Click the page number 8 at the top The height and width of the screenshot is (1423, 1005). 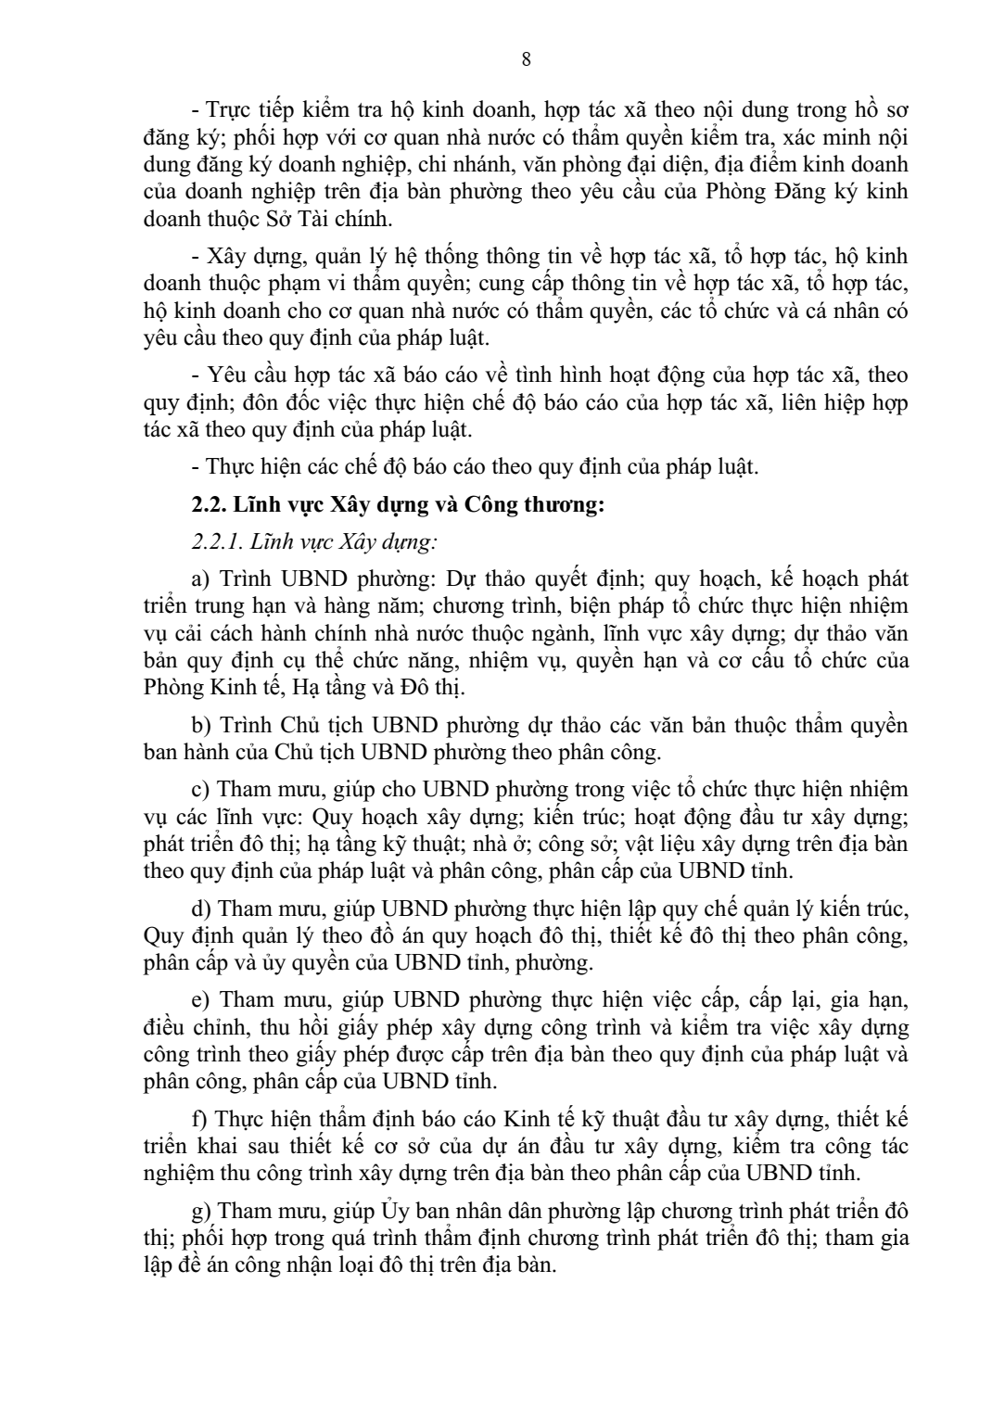click(x=527, y=60)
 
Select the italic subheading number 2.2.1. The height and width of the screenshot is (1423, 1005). click(x=218, y=542)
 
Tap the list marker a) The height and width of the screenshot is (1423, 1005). click(x=200, y=579)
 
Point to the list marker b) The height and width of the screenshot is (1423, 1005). click(x=200, y=724)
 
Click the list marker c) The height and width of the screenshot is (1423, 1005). click(x=199, y=789)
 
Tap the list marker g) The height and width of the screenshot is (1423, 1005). click(x=200, y=1212)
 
